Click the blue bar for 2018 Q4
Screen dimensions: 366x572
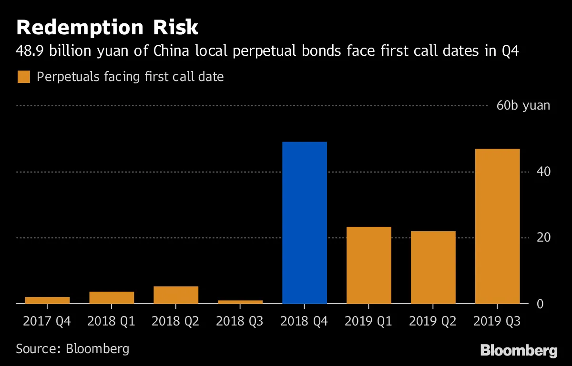(x=305, y=223)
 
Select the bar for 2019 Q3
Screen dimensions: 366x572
(x=497, y=226)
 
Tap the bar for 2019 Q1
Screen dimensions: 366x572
(x=369, y=265)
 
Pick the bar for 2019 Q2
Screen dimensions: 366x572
(x=433, y=267)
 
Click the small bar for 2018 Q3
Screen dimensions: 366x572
(x=240, y=302)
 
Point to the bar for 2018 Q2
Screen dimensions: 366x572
(x=176, y=295)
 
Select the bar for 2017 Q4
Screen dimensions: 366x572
(x=47, y=300)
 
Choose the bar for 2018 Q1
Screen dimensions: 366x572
(x=112, y=297)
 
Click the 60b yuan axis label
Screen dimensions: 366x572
(x=523, y=105)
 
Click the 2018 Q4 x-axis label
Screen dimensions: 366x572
(x=305, y=321)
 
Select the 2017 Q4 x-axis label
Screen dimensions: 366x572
(x=47, y=321)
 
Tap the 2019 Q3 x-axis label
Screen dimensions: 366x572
(x=497, y=321)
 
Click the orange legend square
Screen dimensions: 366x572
(x=24, y=77)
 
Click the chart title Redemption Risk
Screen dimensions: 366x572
(x=107, y=28)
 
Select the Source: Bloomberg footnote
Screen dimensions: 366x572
(x=72, y=348)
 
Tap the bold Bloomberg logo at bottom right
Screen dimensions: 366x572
(x=519, y=351)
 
